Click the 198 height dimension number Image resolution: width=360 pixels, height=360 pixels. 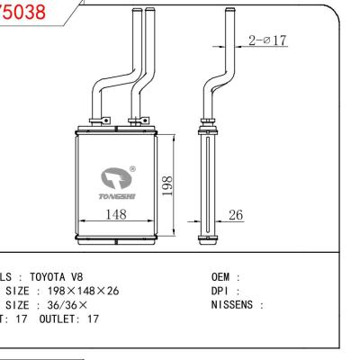pyautogui.click(x=168, y=183)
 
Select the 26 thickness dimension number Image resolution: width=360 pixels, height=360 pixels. pyautogui.click(x=236, y=214)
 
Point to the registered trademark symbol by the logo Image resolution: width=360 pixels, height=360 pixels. pyautogui.click(x=133, y=167)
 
